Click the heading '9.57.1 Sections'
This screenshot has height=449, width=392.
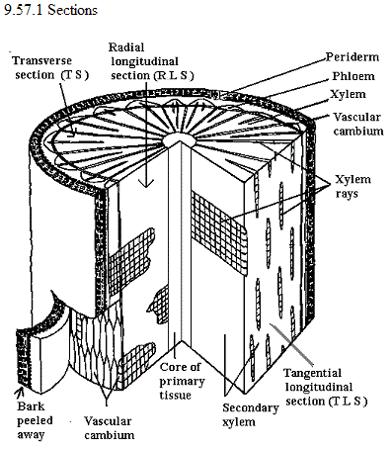[x=50, y=10]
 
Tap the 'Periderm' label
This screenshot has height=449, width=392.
[x=353, y=57]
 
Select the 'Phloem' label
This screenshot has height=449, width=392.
[x=353, y=76]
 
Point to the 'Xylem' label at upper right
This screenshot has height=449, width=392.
[x=348, y=94]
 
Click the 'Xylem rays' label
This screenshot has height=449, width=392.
[x=353, y=186]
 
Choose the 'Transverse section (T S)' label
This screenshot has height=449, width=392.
[x=50, y=68]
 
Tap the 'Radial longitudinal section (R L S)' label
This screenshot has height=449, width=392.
[x=151, y=61]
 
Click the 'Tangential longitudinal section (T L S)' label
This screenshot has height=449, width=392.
[x=326, y=387]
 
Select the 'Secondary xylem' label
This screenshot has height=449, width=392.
[x=251, y=414]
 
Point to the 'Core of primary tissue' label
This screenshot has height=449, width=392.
[x=182, y=381]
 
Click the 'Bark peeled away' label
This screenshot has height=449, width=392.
[x=35, y=420]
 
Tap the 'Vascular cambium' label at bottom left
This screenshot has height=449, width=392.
[x=109, y=428]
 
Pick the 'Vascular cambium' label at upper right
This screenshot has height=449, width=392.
[x=358, y=124]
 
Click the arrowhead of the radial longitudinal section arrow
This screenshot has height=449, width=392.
[x=146, y=183]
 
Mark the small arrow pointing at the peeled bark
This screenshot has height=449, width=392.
[x=19, y=392]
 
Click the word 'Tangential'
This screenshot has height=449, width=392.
[x=312, y=373]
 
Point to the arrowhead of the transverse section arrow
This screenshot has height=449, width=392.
[x=73, y=133]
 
